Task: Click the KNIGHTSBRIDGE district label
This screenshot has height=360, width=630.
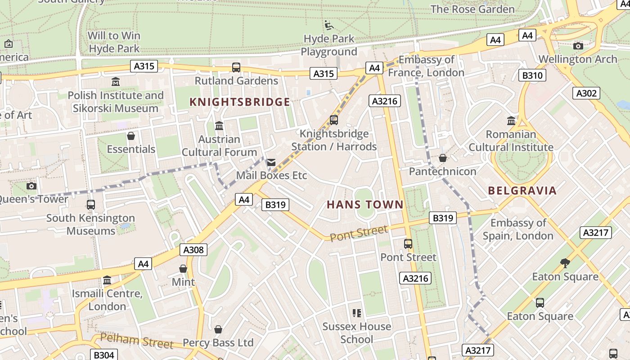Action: pos(240,102)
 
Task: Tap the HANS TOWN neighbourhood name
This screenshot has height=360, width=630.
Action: pos(365,205)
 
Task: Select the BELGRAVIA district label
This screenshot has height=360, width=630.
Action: pos(522,190)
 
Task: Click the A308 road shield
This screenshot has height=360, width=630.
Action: pos(194,250)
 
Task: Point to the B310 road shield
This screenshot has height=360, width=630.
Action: pos(532,75)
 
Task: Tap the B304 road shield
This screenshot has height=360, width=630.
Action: pos(104,355)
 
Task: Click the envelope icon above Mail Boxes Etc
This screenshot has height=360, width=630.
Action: pos(271,162)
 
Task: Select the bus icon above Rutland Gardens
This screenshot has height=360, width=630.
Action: pos(236,67)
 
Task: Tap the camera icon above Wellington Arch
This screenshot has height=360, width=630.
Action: pos(578,46)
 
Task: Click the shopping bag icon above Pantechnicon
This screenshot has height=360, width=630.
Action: pos(443,158)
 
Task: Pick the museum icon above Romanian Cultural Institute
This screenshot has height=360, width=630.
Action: pos(511,121)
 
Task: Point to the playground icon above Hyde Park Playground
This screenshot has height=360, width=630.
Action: pos(329,25)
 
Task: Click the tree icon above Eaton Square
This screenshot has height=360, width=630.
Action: pos(565,263)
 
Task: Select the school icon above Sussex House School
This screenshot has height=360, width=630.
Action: pos(357,313)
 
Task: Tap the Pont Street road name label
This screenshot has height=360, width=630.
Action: pos(359,233)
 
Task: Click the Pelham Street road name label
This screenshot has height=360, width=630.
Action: pos(136,341)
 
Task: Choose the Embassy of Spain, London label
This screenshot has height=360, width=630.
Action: pos(518,229)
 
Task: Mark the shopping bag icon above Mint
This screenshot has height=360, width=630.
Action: pos(183,269)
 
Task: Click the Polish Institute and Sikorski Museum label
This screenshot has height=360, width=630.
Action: pos(116,102)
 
